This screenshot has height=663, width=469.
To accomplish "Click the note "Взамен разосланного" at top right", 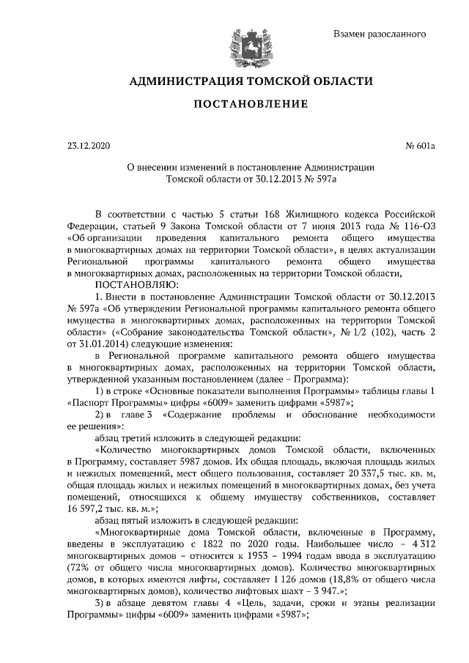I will pos(380,34).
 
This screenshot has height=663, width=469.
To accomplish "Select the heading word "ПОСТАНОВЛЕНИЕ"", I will pos(250,104).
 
